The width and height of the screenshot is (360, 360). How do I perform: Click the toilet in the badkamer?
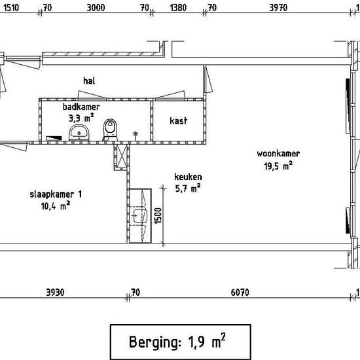click(x=110, y=130)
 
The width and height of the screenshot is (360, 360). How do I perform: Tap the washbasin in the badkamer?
click(x=79, y=133)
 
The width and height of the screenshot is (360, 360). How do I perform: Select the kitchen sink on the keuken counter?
click(x=140, y=215)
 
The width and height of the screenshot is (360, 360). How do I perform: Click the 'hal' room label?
click(x=89, y=81)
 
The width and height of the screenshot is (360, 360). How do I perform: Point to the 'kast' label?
click(x=179, y=120)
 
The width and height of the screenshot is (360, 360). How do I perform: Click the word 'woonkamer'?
click(x=278, y=154)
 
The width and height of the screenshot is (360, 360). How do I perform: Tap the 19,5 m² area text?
click(x=278, y=166)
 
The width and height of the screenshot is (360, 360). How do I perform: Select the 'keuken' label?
click(x=188, y=177)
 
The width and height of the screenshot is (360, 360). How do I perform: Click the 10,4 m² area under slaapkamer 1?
click(x=56, y=206)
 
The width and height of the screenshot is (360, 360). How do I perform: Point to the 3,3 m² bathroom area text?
click(x=81, y=118)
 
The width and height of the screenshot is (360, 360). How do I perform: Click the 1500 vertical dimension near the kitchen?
click(x=158, y=215)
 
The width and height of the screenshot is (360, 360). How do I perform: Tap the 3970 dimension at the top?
click(x=278, y=8)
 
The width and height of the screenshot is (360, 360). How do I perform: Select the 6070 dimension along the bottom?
click(x=240, y=293)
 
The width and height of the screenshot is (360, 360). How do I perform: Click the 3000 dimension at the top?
click(x=96, y=8)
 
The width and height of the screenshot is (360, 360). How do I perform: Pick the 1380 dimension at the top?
click(x=178, y=8)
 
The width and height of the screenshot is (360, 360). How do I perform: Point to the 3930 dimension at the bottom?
click(x=55, y=293)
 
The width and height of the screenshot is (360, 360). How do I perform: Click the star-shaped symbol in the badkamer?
click(x=135, y=134)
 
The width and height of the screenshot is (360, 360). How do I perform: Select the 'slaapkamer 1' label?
click(x=56, y=194)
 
